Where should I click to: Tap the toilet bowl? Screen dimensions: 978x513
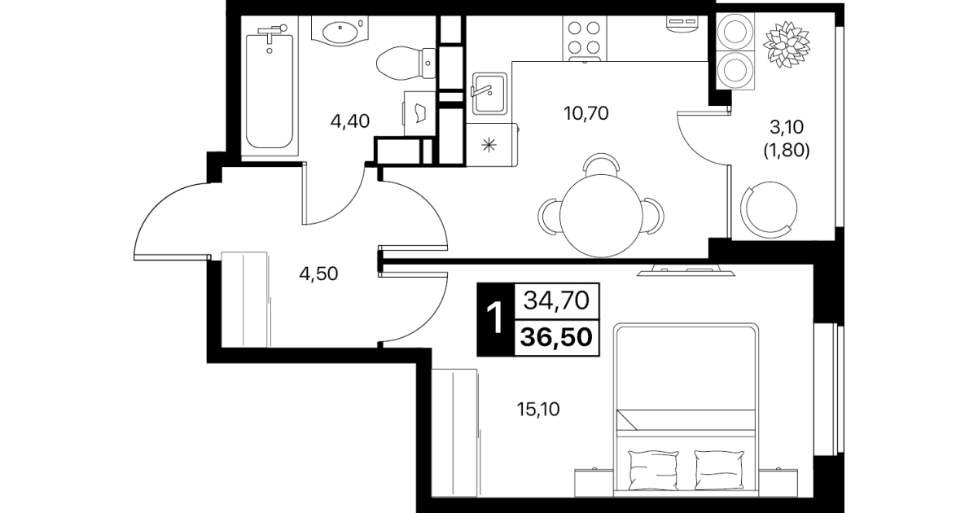(x=406, y=64)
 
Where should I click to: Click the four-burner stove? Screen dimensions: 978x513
(x=584, y=38)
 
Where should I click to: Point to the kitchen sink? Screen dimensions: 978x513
(x=489, y=94)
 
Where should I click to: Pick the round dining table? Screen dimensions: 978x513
(x=601, y=216)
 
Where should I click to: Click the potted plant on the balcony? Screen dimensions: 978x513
(x=787, y=44)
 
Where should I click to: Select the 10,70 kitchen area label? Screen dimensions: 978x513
(x=586, y=113)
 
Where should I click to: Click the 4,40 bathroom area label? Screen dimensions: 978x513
(x=350, y=121)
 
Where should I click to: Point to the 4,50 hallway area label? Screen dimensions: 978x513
(x=318, y=274)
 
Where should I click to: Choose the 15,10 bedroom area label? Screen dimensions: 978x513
(x=538, y=410)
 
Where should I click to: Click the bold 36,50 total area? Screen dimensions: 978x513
(x=556, y=337)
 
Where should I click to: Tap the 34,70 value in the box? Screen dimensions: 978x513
(x=556, y=300)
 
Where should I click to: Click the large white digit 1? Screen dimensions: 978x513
(x=496, y=319)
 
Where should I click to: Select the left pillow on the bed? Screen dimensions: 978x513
(x=653, y=470)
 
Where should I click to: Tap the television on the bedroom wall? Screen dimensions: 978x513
(x=686, y=270)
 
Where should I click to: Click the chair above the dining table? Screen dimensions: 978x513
(x=602, y=164)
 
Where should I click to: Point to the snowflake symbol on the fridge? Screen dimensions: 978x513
(x=489, y=144)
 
